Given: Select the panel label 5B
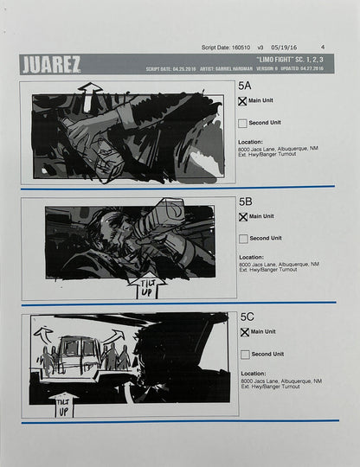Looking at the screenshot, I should click(x=245, y=201).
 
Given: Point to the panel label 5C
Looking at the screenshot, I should click(x=245, y=317).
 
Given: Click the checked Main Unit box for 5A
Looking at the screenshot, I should click(x=242, y=101).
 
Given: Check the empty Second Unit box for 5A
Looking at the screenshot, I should click(x=242, y=124).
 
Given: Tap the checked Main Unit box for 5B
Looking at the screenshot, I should click(x=242, y=216).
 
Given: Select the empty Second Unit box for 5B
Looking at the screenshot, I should click(x=242, y=238).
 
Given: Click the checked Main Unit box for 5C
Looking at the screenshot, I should click(x=242, y=332).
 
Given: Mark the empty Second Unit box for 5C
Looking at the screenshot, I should click(x=242, y=355).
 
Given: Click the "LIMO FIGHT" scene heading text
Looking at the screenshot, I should click(x=273, y=60).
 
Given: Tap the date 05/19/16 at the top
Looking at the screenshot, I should click(x=285, y=48).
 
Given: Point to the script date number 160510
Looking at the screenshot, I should click(x=235, y=48).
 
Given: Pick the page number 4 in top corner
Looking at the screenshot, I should click(x=322, y=48).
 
